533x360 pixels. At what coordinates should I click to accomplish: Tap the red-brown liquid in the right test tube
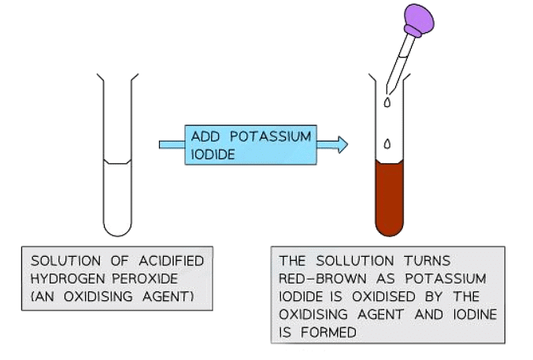(389, 197)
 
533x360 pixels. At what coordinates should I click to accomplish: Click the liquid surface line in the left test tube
(117, 163)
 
